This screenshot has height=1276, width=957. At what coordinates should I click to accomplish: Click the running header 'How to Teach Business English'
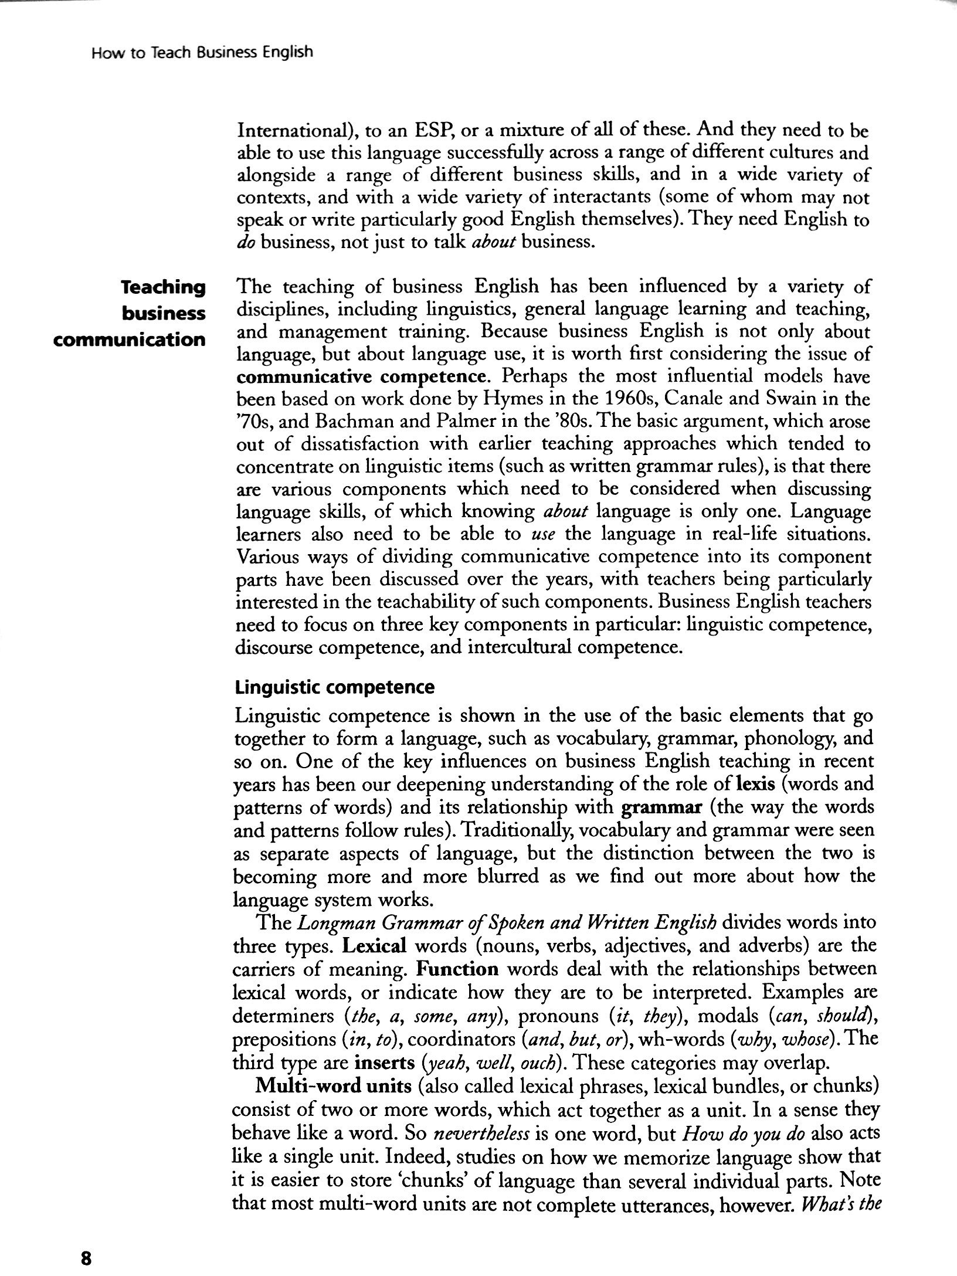[x=202, y=52]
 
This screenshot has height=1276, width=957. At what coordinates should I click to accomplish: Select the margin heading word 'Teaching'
[x=162, y=287]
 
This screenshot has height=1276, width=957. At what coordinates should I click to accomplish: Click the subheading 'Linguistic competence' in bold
[x=334, y=687]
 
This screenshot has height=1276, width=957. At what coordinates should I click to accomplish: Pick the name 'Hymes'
[x=513, y=399]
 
